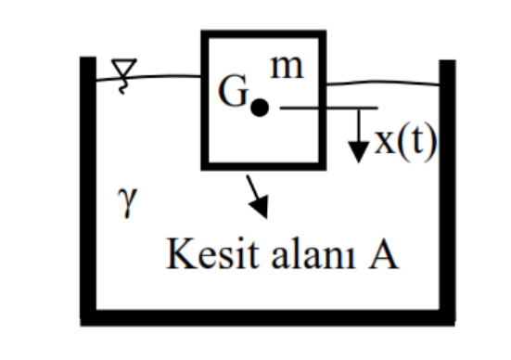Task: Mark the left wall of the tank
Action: pos(88,186)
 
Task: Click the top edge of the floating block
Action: pos(265,33)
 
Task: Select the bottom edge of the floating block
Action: pos(265,168)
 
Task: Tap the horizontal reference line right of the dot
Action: pos(325,108)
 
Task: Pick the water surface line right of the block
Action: pos(390,84)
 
